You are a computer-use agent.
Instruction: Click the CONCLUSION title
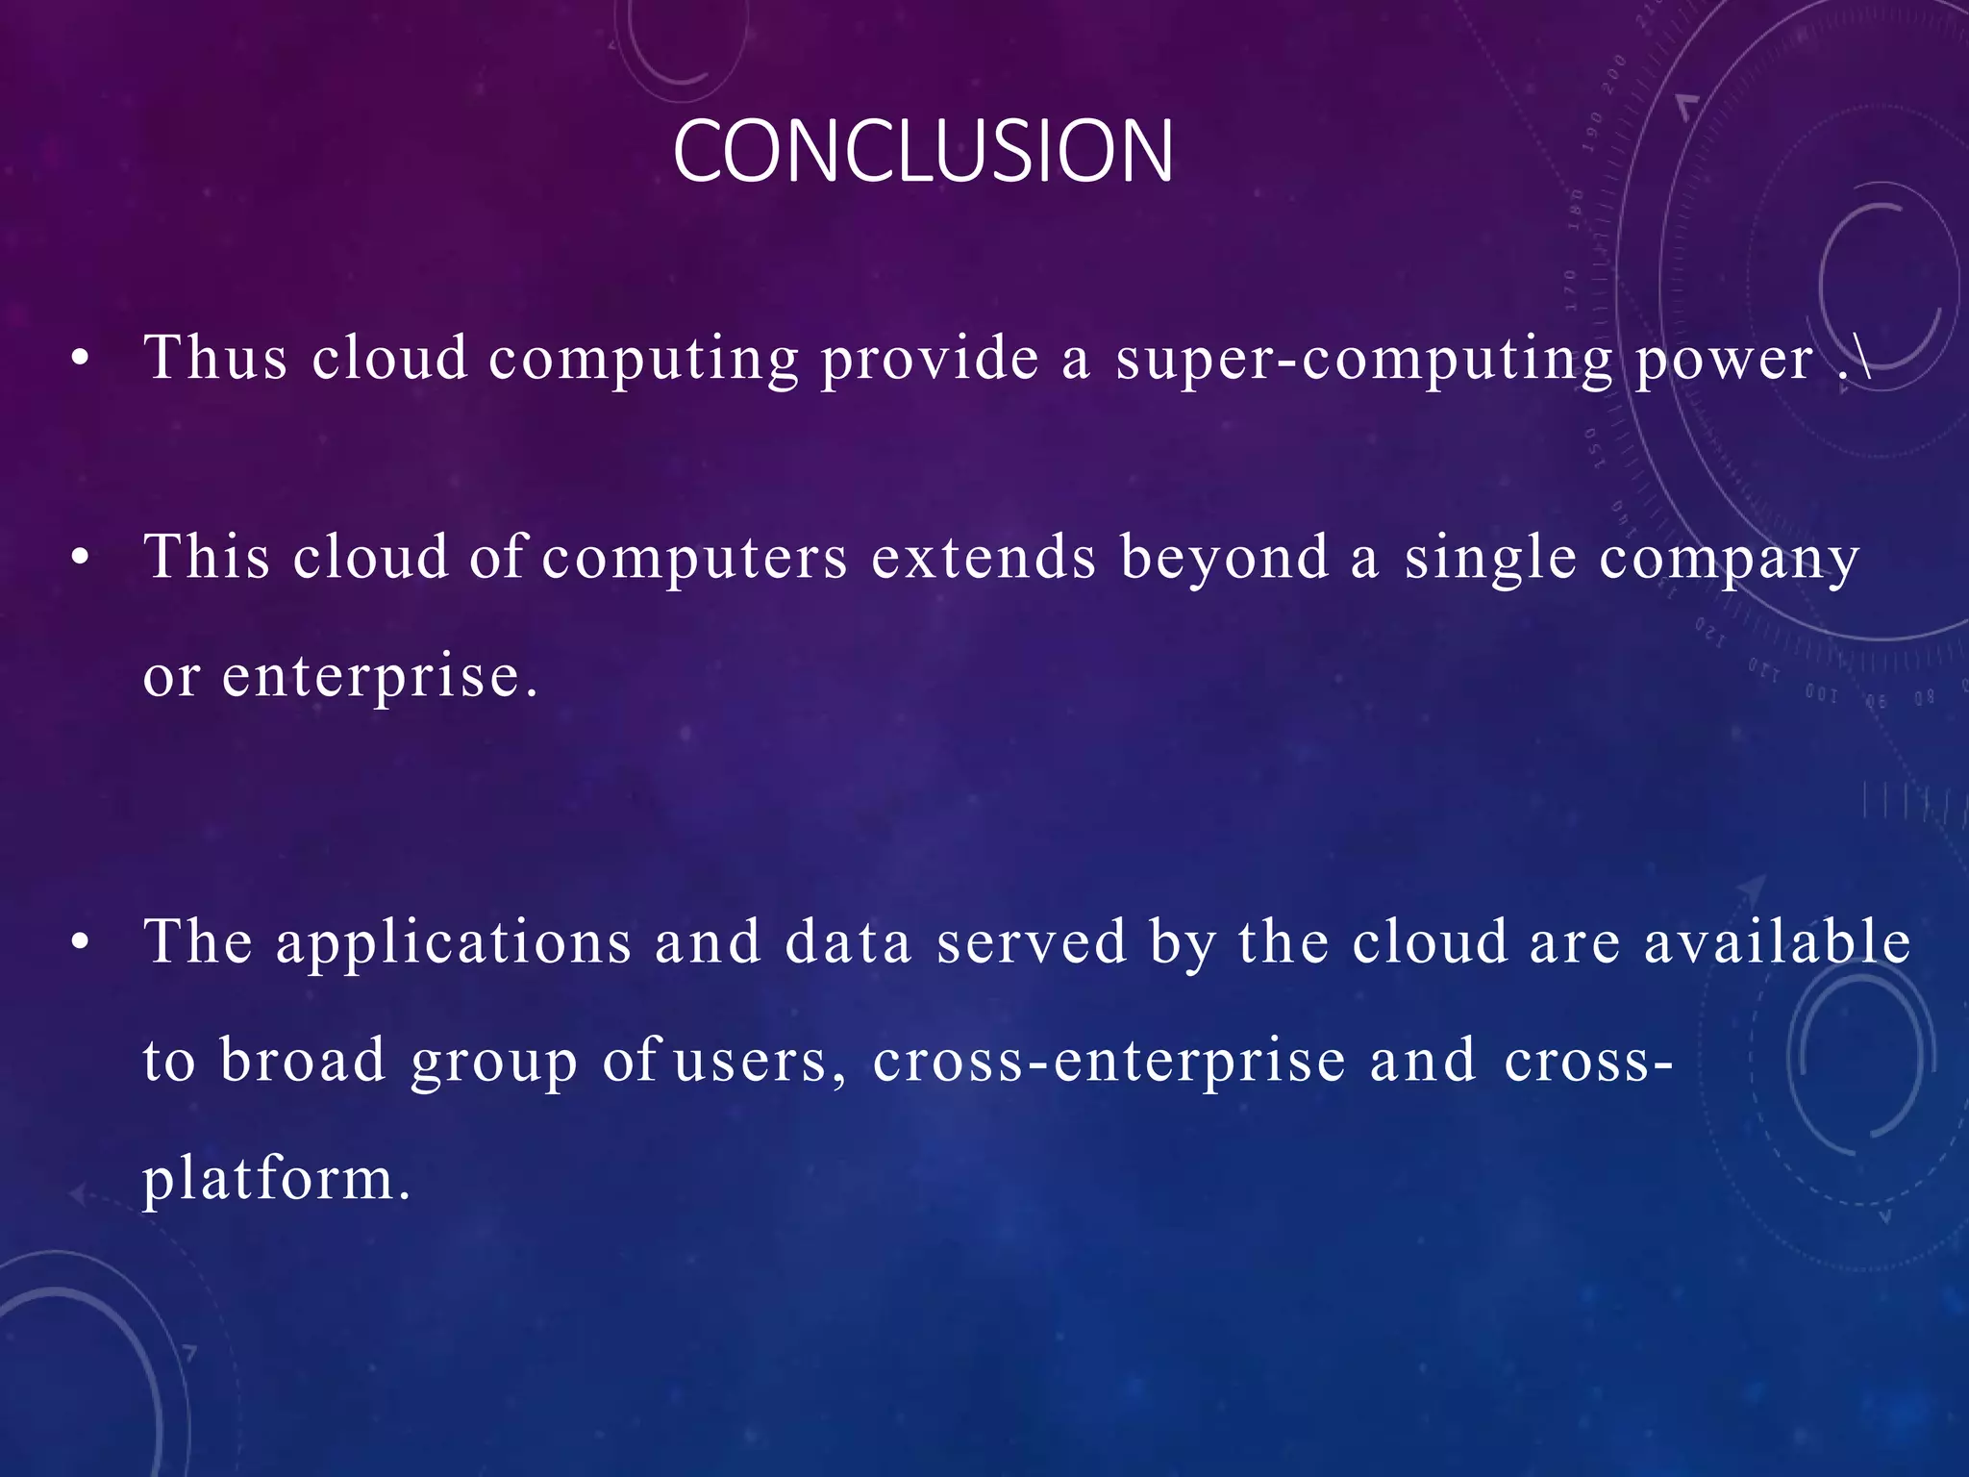(922, 151)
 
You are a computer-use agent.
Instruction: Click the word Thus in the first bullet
(215, 359)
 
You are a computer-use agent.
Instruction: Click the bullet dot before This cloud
(81, 557)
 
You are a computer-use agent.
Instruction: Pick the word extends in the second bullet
(983, 558)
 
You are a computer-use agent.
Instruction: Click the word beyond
(1225, 558)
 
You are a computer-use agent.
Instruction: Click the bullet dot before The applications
(81, 942)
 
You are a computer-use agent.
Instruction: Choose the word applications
(454, 943)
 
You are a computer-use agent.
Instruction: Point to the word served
(1031, 942)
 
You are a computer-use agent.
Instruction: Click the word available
(1777, 941)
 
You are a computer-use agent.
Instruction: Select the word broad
(303, 1061)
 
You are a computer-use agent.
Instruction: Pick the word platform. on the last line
(277, 1180)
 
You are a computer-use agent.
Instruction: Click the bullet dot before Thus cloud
(81, 360)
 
